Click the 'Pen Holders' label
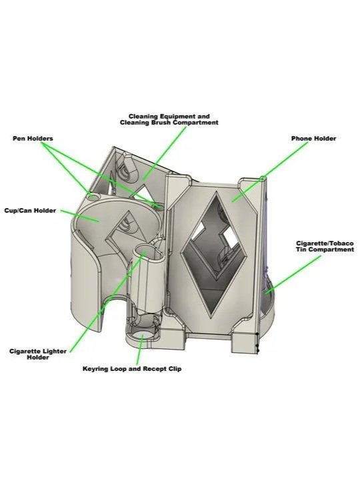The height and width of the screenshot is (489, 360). pos(33,139)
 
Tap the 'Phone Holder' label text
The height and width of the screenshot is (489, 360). pos(313,139)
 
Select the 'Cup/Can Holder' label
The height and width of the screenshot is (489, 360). pos(30,211)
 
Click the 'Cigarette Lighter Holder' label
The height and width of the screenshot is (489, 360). pos(38,354)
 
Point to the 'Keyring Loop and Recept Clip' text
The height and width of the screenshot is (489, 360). pos(132,369)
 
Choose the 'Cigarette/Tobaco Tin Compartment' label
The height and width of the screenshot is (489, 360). pos(325,246)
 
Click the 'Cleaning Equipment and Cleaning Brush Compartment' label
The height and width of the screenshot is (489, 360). pos(169,119)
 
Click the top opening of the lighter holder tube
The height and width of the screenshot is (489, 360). pos(144,252)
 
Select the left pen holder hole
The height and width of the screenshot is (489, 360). pos(92,197)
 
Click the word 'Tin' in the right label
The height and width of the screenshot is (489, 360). pos(301,250)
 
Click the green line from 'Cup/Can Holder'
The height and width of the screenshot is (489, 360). pos(80,215)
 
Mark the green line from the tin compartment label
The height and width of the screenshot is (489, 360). pos(293,275)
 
